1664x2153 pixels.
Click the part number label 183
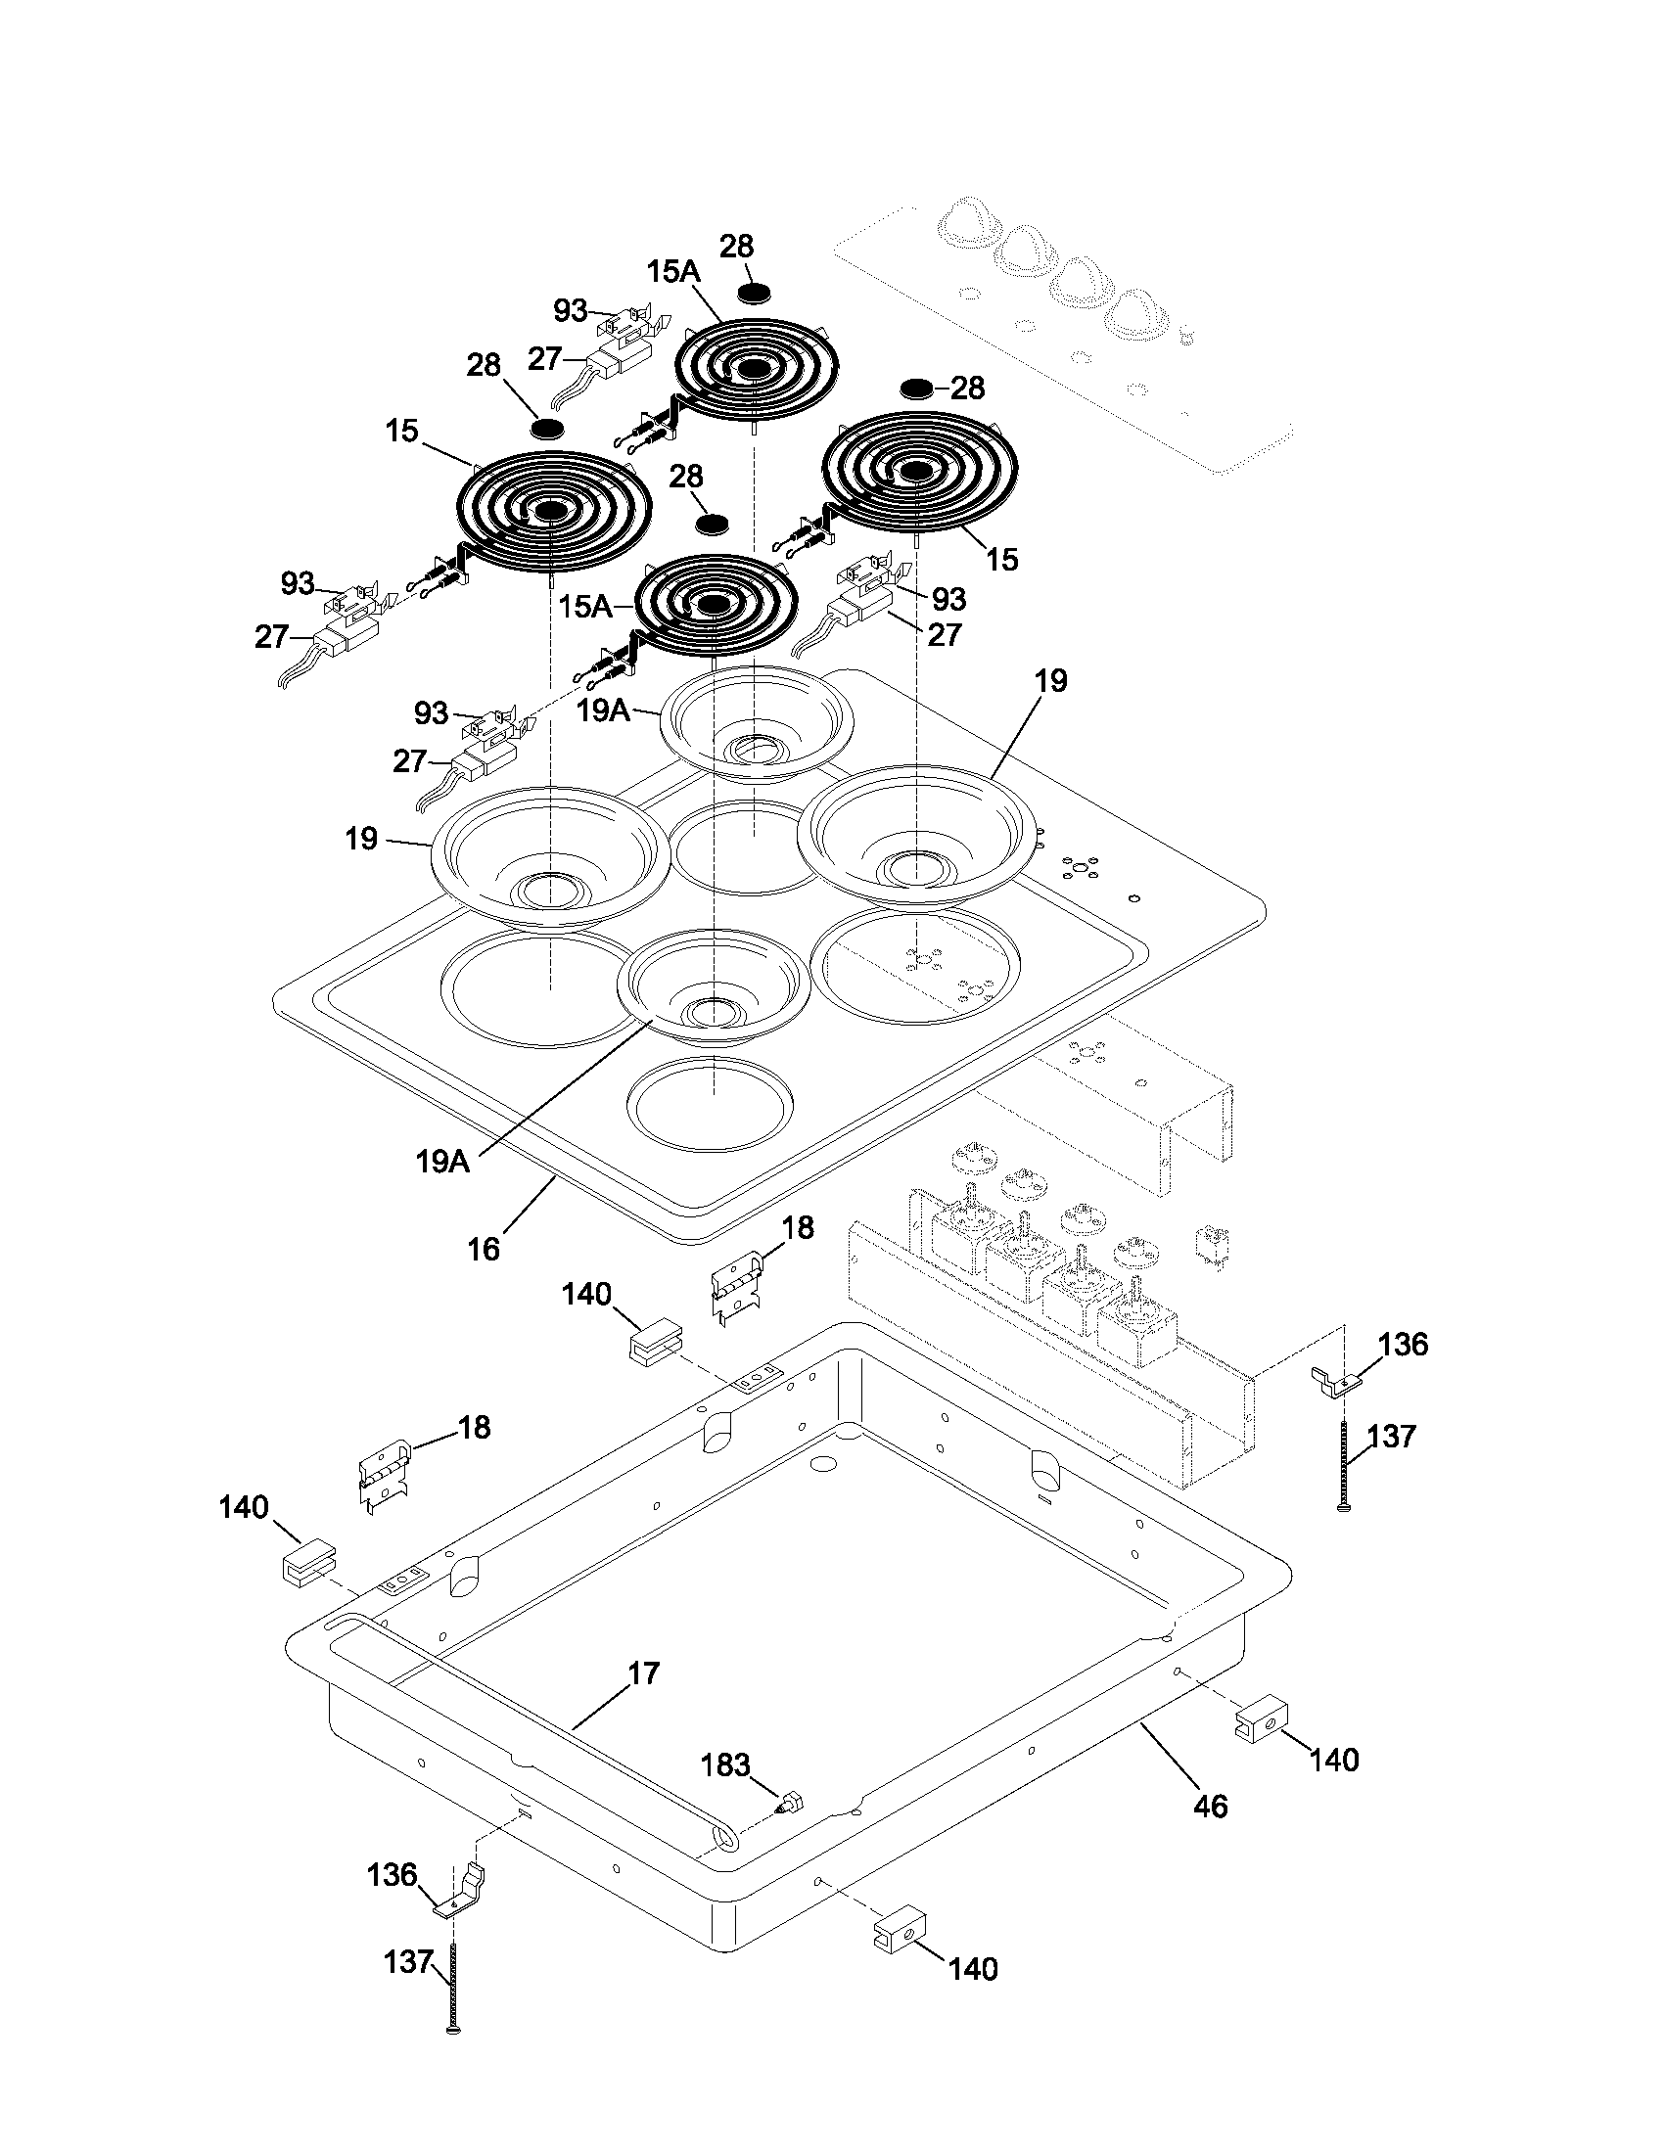[724, 1764]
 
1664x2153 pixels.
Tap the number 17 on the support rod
[643, 1672]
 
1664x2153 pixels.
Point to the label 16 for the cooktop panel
[483, 1249]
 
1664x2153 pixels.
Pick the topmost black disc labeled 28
[755, 293]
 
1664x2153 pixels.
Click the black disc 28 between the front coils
[715, 524]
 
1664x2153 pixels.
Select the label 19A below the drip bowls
[441, 1161]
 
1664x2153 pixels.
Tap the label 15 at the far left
[402, 431]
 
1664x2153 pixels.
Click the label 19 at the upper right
[1051, 680]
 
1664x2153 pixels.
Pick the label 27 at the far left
[272, 637]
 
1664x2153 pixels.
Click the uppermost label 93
[571, 309]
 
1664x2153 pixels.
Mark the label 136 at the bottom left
[393, 1874]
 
